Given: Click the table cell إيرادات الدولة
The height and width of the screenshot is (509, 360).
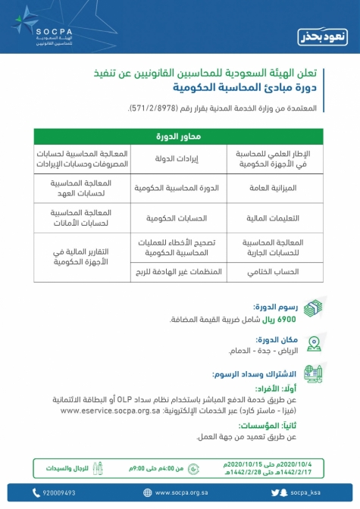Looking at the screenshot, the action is coord(179,158).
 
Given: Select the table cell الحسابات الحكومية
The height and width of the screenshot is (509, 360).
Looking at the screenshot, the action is coord(179,217).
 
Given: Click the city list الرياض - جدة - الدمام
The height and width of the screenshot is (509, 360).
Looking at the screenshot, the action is coord(266,352).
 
